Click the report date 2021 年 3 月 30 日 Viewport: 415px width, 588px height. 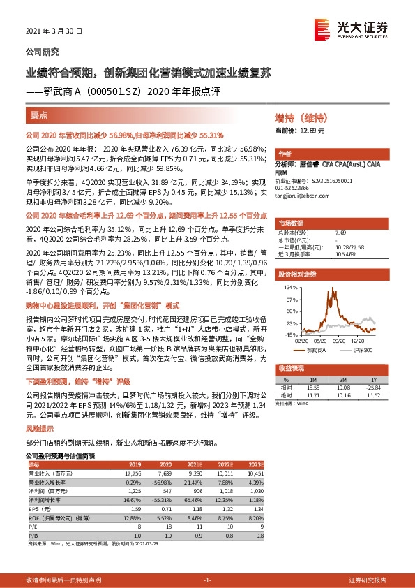tap(54, 31)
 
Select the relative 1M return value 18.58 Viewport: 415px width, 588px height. tap(312, 386)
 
